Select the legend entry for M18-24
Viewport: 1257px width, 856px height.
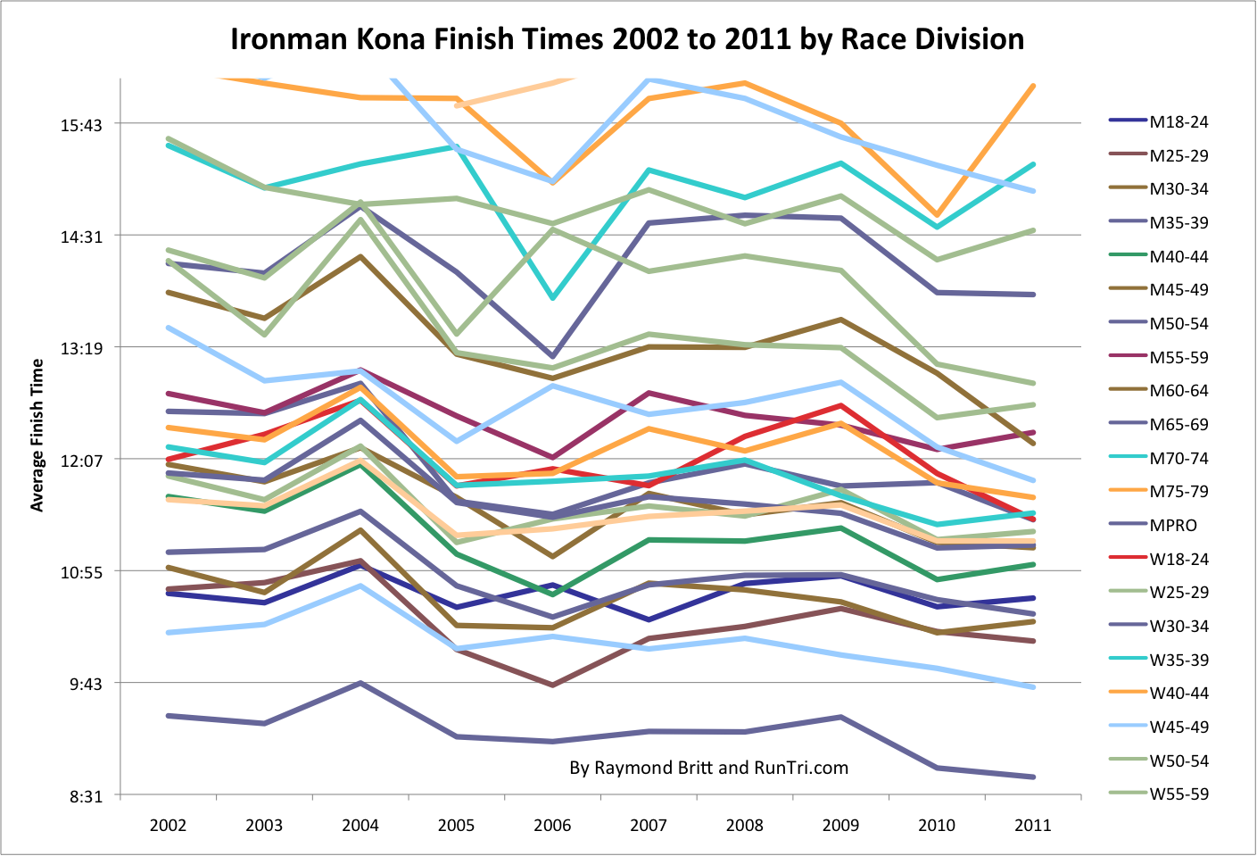tap(1178, 122)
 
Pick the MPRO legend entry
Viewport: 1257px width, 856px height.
tap(1173, 526)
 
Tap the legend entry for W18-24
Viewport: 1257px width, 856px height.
tap(1178, 560)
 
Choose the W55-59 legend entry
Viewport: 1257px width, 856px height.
tap(1178, 794)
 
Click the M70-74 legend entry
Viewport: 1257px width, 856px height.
tap(1178, 459)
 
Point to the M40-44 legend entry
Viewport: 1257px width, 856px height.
tap(1178, 257)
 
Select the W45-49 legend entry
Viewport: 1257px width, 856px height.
tap(1178, 727)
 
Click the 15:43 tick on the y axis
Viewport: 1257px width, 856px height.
tap(81, 125)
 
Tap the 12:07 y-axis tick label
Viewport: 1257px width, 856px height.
tap(81, 461)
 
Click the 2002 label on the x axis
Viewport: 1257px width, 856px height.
tap(168, 826)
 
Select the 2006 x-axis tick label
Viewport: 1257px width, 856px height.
tap(552, 826)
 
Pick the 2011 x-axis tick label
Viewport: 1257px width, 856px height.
tap(1033, 826)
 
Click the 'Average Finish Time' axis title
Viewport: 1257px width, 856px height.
tap(37, 436)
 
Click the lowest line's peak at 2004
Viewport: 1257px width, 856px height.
tap(360, 683)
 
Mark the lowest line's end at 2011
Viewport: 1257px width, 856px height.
tap(1033, 777)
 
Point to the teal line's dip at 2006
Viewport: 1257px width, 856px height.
tap(553, 297)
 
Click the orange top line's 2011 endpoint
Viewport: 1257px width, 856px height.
tap(1033, 86)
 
